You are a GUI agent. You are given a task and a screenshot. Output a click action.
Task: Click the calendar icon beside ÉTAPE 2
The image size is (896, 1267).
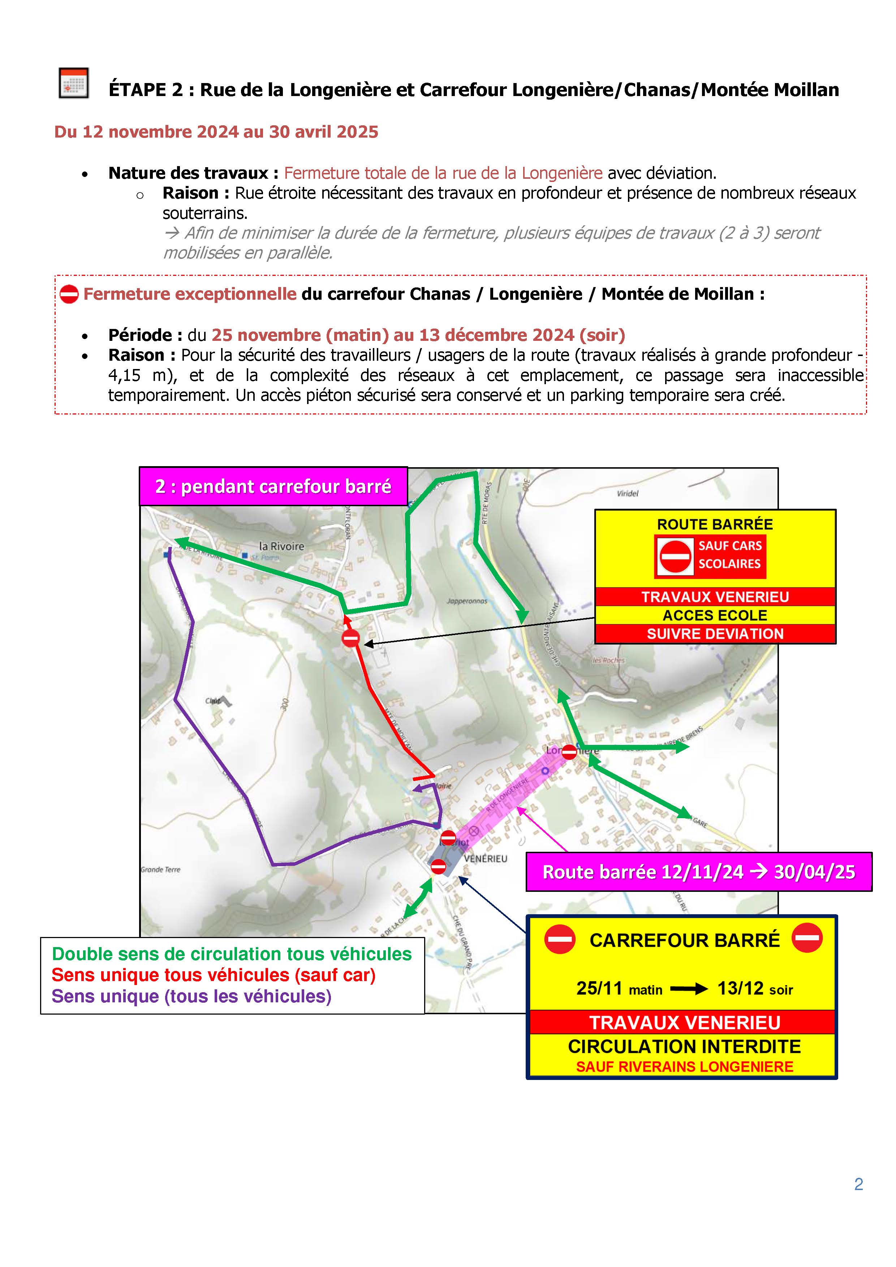73,83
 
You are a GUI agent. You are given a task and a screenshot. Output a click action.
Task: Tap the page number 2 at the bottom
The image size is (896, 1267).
858,1184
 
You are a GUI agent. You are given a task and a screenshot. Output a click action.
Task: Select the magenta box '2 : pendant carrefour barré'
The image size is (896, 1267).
273,486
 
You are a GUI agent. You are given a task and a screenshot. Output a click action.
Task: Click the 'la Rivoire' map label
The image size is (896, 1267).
281,546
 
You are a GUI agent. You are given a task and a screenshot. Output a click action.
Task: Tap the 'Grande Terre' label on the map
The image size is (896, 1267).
161,870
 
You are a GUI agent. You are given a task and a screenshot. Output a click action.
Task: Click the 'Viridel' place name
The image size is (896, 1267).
627,493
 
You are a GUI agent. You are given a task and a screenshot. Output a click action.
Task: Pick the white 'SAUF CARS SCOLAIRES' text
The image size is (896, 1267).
729,555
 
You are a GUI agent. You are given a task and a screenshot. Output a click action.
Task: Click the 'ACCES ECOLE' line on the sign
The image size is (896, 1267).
715,615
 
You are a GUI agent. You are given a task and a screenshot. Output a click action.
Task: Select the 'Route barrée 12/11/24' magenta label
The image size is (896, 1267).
698,872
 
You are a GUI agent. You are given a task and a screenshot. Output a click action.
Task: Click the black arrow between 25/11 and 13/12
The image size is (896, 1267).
689,989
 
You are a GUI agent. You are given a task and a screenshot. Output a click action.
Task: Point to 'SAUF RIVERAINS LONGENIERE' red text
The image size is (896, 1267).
685,1067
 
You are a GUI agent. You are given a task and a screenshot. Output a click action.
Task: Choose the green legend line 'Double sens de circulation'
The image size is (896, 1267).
232,954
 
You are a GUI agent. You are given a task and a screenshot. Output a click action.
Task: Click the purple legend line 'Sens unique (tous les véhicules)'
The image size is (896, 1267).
191,997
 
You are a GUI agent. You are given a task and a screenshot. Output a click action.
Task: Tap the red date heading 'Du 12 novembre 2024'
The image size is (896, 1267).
216,132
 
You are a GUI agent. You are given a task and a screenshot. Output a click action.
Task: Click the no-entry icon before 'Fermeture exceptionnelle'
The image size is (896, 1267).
69,294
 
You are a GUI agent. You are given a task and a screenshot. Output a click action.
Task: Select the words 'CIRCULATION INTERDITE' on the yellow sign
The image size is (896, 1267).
685,1046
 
